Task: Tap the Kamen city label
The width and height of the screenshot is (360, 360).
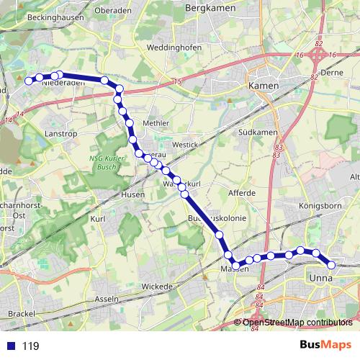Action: (262, 85)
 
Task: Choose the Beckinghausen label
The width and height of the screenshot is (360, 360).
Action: (51, 15)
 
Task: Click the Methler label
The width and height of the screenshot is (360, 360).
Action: (156, 123)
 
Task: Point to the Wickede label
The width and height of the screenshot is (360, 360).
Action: (158, 286)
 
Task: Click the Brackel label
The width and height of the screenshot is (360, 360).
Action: (22, 315)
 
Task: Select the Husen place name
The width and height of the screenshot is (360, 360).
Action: (134, 194)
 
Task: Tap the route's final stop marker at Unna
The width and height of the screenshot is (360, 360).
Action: (331, 265)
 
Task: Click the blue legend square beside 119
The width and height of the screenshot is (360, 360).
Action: (11, 346)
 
